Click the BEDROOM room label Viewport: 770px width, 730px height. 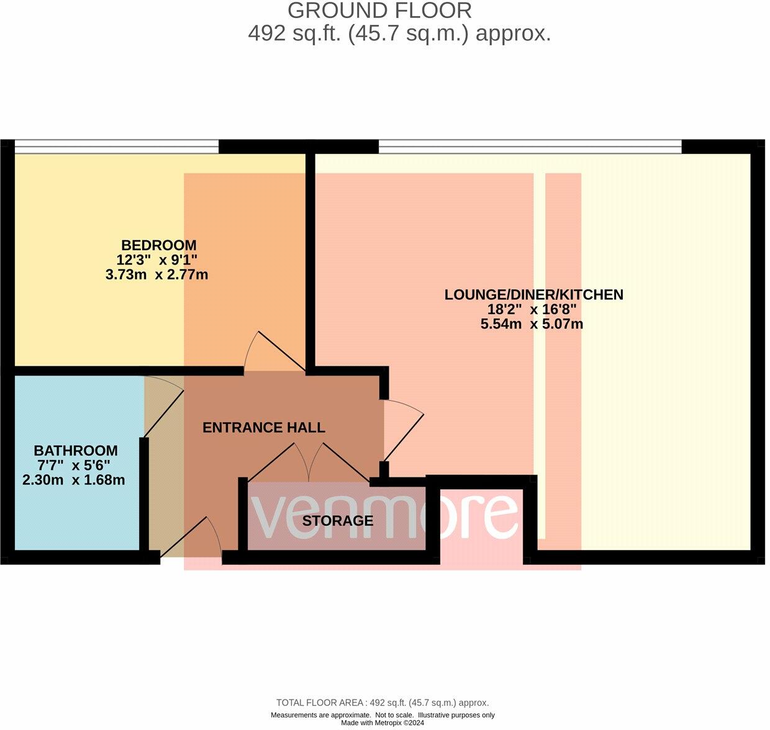[x=158, y=245]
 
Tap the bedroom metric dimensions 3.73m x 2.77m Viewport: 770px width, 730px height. [x=156, y=274]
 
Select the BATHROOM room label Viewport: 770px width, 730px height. [x=75, y=451]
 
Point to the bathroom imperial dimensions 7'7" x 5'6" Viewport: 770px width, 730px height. [x=74, y=466]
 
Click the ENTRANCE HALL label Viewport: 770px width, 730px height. [x=264, y=428]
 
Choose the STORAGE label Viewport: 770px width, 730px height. [x=338, y=521]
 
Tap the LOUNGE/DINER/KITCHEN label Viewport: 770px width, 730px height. [x=533, y=295]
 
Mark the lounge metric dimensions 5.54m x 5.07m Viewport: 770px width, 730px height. [x=532, y=324]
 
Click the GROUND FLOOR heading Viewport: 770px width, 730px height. [x=379, y=11]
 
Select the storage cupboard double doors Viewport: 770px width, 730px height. [x=309, y=461]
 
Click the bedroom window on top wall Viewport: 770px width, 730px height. [x=117, y=146]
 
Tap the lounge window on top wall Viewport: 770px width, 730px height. [x=530, y=146]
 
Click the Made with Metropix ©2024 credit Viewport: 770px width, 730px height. [x=383, y=723]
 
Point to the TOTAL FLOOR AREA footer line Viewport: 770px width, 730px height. [x=383, y=703]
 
